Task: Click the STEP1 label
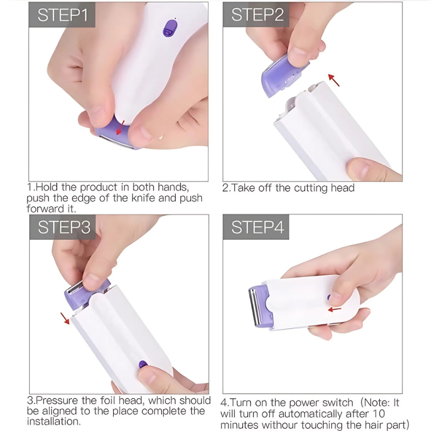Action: (62, 15)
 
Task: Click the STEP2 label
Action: (256, 15)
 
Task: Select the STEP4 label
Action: (256, 227)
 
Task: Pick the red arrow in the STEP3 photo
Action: (65, 318)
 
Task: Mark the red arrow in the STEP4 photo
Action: (335, 309)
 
